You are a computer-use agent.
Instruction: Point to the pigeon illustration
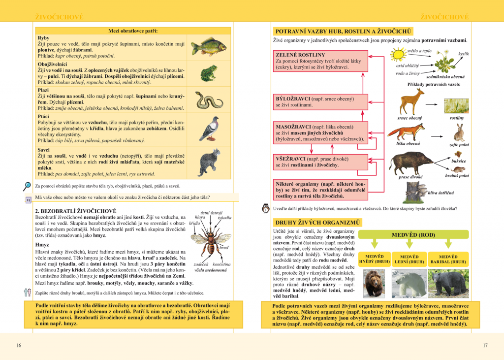(x=209, y=129)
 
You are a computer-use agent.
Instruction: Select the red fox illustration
(x=407, y=132)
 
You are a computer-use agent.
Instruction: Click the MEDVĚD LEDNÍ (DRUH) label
(x=409, y=259)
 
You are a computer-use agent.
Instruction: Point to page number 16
(x=19, y=345)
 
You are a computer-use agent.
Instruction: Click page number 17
(x=485, y=345)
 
